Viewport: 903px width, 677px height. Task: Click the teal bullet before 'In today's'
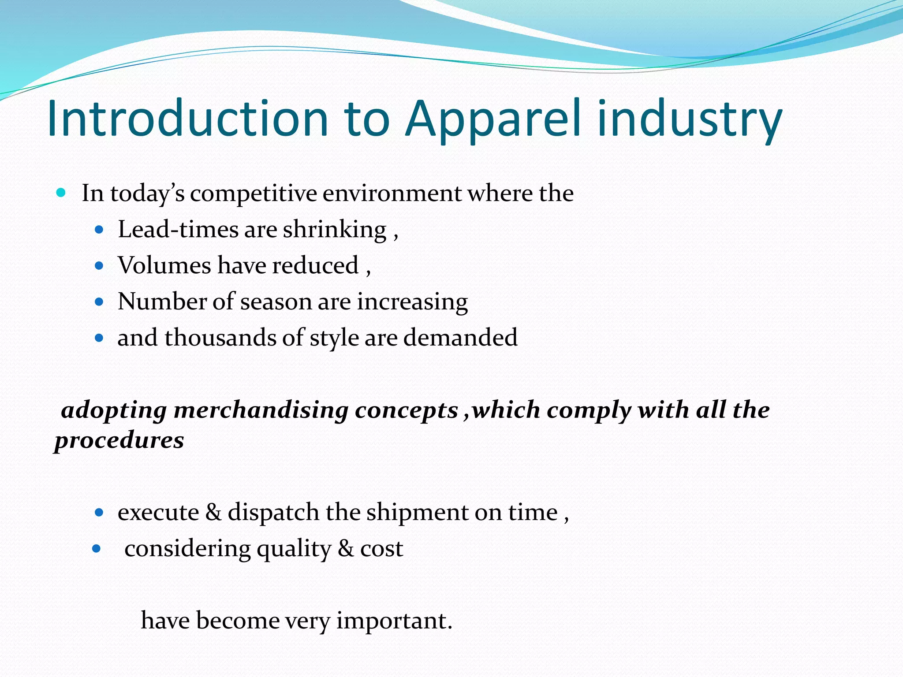point(61,193)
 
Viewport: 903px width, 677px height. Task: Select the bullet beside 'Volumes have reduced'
point(99,266)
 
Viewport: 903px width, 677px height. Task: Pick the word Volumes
point(164,265)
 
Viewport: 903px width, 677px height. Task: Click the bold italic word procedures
point(119,440)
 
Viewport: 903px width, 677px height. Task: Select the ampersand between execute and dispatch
point(213,512)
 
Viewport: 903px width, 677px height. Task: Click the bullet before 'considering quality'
point(97,549)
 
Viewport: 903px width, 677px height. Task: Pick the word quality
point(294,550)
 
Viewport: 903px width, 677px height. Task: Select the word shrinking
point(335,230)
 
